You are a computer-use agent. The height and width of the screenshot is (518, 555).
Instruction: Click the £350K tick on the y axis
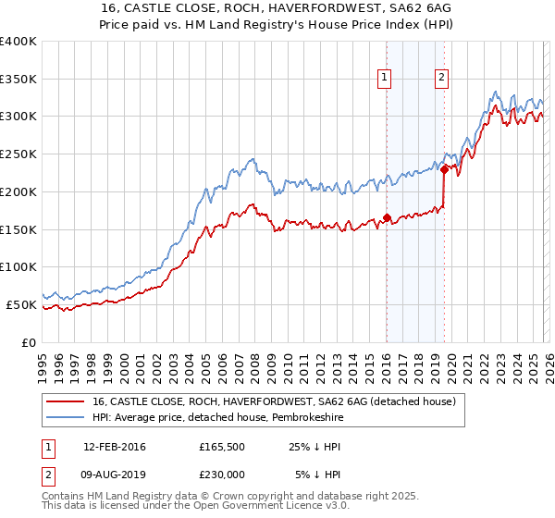coord(18,79)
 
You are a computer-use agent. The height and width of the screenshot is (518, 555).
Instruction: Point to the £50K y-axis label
coord(21,304)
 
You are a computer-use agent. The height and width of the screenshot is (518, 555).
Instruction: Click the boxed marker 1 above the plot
coord(384,78)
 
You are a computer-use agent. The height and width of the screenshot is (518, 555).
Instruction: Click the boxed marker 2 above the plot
coord(442,78)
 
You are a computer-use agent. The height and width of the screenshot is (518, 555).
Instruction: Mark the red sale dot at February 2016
coord(387,218)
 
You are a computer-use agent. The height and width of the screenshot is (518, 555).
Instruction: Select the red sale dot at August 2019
coord(444,169)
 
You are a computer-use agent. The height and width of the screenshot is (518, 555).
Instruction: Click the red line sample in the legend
coord(64,402)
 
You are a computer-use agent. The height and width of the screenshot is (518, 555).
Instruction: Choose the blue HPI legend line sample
coord(64,417)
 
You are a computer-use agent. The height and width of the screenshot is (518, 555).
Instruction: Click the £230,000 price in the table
coord(221,474)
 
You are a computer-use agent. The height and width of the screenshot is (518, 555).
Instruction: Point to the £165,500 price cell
coord(221,446)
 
